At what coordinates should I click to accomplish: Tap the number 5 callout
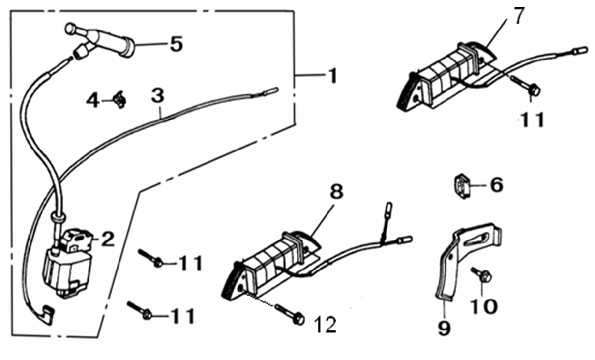[x=176, y=44]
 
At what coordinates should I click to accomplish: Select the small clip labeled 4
[x=119, y=101]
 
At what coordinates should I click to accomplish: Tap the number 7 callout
[x=520, y=16]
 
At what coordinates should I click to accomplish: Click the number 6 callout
[x=496, y=185]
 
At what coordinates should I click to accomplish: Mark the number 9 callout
[x=444, y=328]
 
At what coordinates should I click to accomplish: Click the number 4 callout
[x=93, y=101]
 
